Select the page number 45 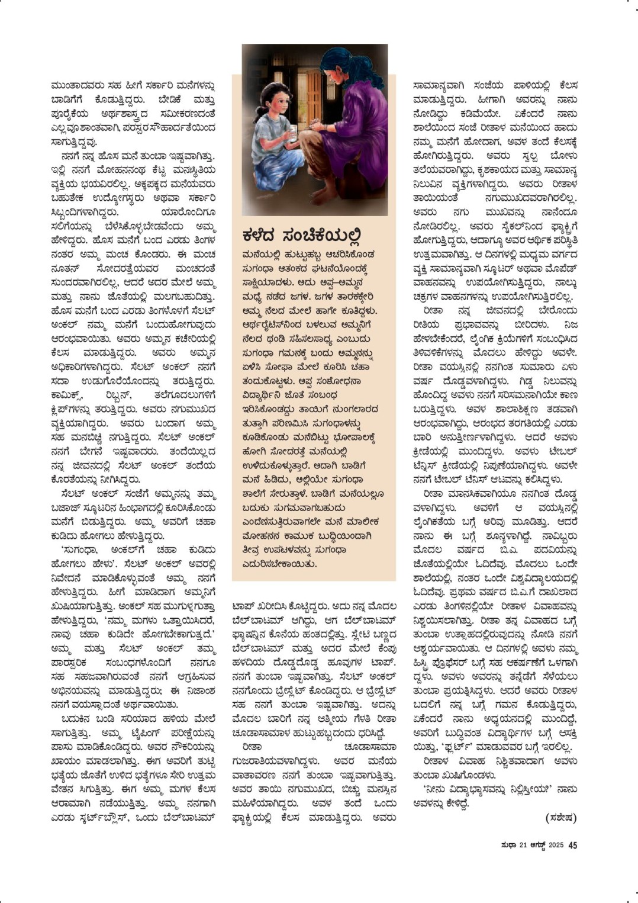pos(572,845)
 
